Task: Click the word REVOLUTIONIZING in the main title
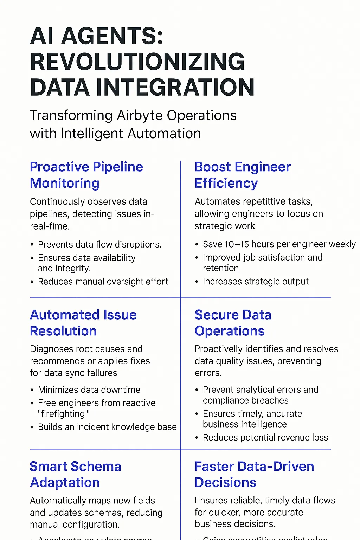point(137,62)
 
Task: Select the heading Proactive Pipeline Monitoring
point(86,175)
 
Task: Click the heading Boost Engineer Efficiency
point(243,175)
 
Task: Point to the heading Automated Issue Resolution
point(83,323)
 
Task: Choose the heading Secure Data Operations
point(233,323)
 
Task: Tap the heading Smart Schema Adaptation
point(75,474)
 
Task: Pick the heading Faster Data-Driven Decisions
point(254,474)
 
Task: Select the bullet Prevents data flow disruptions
point(99,244)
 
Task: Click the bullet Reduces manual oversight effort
point(103,282)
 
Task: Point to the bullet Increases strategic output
point(256,282)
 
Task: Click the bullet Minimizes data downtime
point(89,390)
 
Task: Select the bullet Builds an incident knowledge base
point(107,427)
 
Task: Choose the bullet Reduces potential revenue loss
point(265,437)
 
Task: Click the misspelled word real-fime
point(50,226)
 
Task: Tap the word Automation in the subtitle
point(164,134)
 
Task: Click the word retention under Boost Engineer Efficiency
point(221,268)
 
